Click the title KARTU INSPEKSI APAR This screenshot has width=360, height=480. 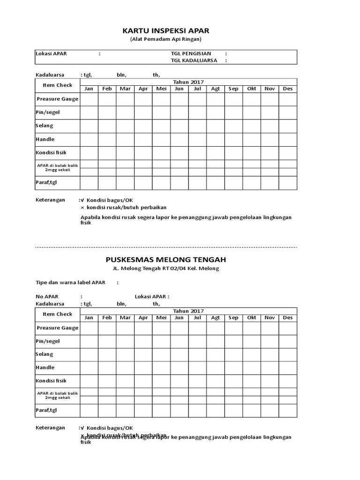pyautogui.click(x=166, y=30)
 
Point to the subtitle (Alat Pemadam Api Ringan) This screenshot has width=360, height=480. pyautogui.click(x=166, y=40)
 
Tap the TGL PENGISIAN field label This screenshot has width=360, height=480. pyautogui.click(x=191, y=53)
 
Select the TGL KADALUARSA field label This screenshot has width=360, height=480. pyautogui.click(x=194, y=60)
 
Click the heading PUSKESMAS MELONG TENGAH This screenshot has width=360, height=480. pyautogui.click(x=166, y=259)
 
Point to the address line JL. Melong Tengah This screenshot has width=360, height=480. pyautogui.click(x=166, y=269)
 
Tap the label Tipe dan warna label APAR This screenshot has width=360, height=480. pyautogui.click(x=71, y=282)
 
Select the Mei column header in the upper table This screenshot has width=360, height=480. pyautogui.click(x=161, y=89)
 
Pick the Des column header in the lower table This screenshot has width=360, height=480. pyautogui.click(x=288, y=317)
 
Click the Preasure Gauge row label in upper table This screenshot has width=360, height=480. pyautogui.click(x=58, y=99)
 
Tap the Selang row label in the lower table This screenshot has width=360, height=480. pyautogui.click(x=45, y=354)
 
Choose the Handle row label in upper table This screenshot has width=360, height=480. pyautogui.click(x=45, y=139)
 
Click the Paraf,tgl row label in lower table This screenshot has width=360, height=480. pyautogui.click(x=46, y=410)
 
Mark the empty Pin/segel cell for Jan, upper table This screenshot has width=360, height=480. pyautogui.click(x=89, y=112)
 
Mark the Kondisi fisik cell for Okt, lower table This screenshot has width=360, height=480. pyautogui.click(x=252, y=381)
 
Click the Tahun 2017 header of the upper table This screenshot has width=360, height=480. pyautogui.click(x=188, y=82)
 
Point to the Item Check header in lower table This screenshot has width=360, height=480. pyautogui.click(x=58, y=314)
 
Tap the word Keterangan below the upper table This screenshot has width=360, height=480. pyautogui.click(x=51, y=200)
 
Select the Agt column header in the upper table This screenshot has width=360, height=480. pyautogui.click(x=216, y=89)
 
